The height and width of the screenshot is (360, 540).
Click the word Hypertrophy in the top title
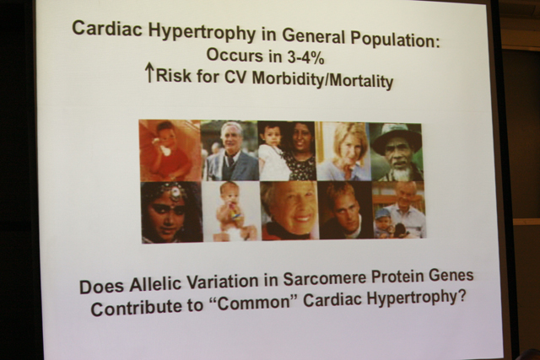[202, 32]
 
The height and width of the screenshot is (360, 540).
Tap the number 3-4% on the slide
[305, 58]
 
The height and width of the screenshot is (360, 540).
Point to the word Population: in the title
[396, 40]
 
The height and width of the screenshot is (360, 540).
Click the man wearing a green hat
[396, 152]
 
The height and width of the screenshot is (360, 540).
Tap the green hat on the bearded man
[396, 136]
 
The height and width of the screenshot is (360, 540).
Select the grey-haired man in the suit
[231, 152]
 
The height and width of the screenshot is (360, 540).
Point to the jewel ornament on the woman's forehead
[175, 192]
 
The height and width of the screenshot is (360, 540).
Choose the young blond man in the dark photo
[344, 210]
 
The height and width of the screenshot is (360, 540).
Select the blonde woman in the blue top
[344, 152]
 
